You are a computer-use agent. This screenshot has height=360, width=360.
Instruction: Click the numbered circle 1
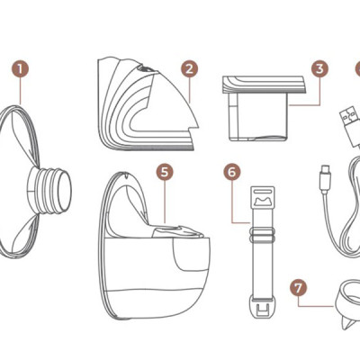tap(21, 68)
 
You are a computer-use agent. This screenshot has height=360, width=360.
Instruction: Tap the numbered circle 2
tap(189, 68)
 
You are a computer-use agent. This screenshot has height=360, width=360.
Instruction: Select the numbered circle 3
tap(319, 68)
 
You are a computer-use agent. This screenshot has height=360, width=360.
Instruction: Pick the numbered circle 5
tap(165, 172)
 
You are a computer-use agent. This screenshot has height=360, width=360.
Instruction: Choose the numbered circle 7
tap(299, 288)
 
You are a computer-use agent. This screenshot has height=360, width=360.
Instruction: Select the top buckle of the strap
tap(264, 197)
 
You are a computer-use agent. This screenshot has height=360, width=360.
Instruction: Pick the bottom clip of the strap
tap(263, 308)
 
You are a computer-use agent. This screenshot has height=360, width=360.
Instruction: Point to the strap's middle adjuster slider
tap(262, 235)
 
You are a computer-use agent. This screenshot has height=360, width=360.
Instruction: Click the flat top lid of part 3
tap(264, 84)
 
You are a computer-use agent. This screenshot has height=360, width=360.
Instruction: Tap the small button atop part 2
tap(144, 69)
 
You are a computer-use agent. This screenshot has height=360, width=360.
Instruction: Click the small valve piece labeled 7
tap(347, 303)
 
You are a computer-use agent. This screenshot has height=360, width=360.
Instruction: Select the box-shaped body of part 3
tap(258, 116)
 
